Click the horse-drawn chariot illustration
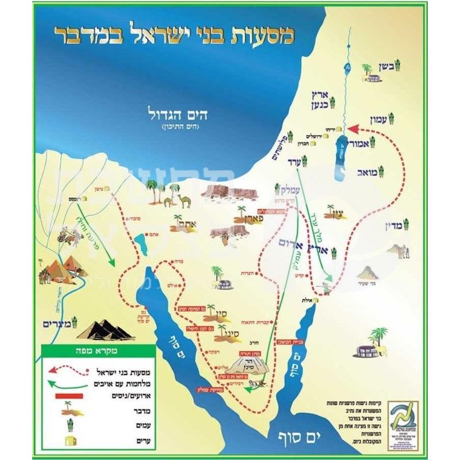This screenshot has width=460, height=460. [65, 233]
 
